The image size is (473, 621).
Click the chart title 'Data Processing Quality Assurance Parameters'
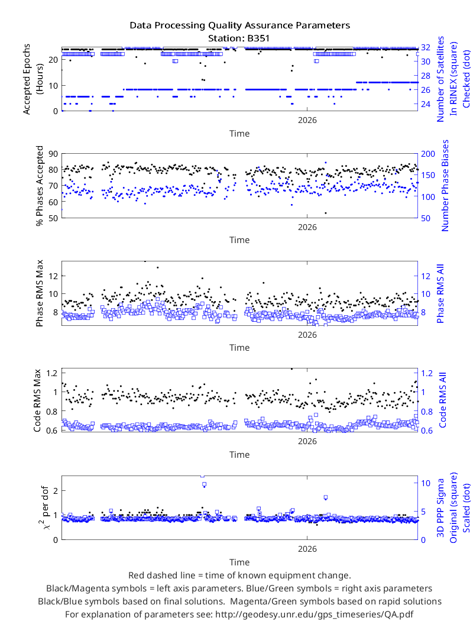(x=240, y=25)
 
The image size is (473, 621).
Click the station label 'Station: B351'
(x=239, y=38)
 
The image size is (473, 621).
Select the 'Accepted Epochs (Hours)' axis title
(x=33, y=79)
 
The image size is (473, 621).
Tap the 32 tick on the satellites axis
(x=426, y=47)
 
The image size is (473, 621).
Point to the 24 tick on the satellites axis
(x=426, y=104)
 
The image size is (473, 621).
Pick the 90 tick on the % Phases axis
(x=53, y=154)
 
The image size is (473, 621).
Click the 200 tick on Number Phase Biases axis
(x=428, y=154)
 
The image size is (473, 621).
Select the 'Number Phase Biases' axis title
(x=445, y=185)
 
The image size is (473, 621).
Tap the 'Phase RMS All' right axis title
(x=440, y=293)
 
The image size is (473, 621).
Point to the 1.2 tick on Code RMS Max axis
(x=52, y=373)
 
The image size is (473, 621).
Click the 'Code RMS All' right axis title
(x=442, y=400)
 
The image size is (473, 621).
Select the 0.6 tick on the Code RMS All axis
(x=426, y=431)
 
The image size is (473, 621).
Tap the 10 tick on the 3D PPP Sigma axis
(x=426, y=483)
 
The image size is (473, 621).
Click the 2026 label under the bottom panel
(x=307, y=549)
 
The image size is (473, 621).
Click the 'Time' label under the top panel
(x=239, y=134)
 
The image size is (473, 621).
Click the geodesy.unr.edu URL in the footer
(x=313, y=614)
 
